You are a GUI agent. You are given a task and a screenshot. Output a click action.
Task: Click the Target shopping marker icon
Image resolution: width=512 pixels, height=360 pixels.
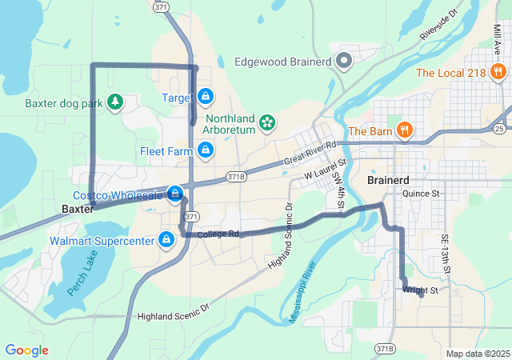pos(206,97)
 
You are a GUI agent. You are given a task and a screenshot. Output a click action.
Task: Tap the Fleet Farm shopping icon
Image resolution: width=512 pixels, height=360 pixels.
pos(206,150)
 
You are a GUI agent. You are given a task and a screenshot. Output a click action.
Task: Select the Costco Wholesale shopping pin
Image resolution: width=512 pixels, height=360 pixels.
pos(175,194)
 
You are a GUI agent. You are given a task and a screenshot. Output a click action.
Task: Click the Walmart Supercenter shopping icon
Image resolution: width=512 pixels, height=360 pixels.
pos(167,240)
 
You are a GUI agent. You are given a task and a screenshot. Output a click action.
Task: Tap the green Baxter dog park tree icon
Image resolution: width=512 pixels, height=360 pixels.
pos(116,102)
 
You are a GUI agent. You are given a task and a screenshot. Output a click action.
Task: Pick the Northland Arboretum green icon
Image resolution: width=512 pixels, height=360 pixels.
pos(267,122)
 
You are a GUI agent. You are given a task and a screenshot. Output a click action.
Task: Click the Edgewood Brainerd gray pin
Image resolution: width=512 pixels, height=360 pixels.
pos(345,62)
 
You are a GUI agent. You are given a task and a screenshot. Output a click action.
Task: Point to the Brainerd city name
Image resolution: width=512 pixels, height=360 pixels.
pos(388,180)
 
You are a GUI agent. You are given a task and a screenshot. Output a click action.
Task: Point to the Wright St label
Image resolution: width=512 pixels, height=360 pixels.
pos(421,290)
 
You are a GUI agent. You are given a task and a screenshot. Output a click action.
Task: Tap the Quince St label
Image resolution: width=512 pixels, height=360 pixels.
pos(422,194)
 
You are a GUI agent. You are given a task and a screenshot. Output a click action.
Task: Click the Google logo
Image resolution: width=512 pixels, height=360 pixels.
pos(26,350)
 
